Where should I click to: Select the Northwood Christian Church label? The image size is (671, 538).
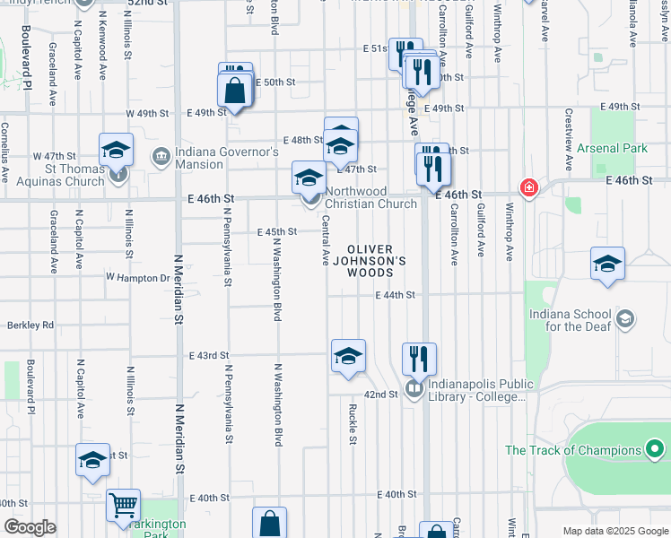click(370, 197)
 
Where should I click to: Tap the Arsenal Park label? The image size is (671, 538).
click(612, 148)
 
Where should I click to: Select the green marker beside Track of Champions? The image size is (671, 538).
click(656, 449)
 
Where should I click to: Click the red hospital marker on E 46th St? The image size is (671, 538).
click(529, 188)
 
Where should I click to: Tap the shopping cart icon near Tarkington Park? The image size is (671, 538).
click(123, 504)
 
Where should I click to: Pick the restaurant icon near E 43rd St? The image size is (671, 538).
click(419, 359)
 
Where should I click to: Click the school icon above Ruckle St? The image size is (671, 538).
click(348, 356)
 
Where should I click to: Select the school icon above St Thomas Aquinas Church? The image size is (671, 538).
click(116, 150)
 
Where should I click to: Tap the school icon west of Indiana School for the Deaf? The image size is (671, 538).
click(607, 264)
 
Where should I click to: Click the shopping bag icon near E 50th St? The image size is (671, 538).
click(234, 91)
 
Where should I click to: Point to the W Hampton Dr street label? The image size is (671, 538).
click(137, 278)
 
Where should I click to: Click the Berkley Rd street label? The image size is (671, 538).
click(30, 325)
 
